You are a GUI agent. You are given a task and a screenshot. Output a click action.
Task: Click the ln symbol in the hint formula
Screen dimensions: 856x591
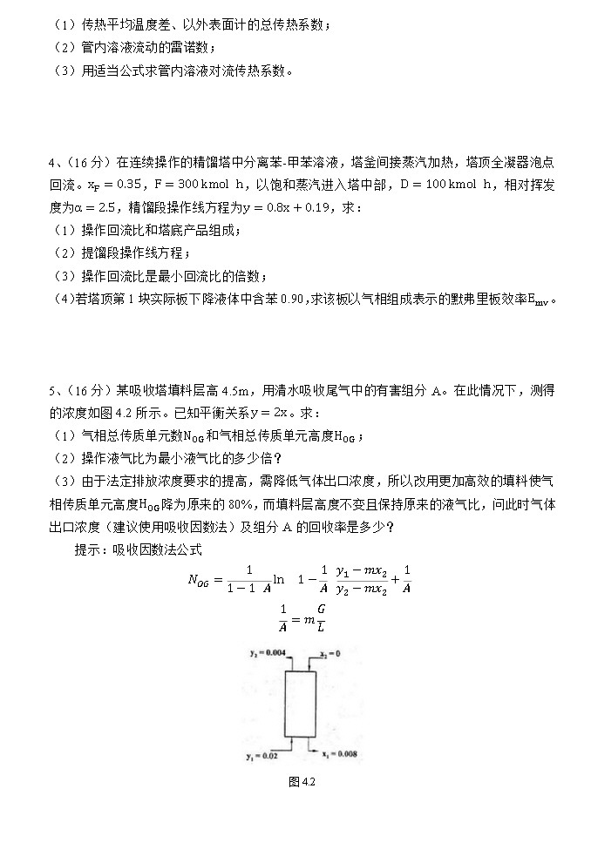279,578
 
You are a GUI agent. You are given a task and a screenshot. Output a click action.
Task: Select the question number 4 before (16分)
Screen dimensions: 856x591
55,162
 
